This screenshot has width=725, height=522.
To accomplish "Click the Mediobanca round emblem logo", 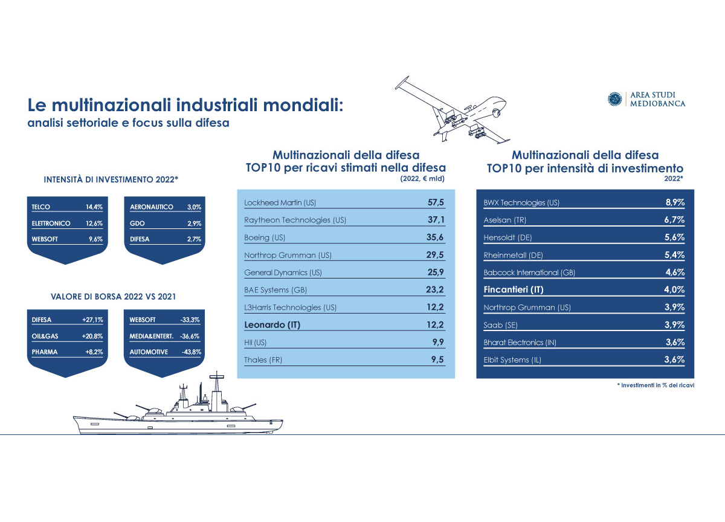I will [x=614, y=99].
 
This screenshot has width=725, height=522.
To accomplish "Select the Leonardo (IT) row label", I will [x=272, y=325].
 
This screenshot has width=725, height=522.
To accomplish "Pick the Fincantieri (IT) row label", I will [x=514, y=289].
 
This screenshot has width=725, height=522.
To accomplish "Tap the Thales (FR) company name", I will [x=263, y=360].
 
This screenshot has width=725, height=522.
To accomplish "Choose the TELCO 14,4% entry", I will [x=66, y=207].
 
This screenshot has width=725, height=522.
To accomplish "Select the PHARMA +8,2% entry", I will [x=66, y=352].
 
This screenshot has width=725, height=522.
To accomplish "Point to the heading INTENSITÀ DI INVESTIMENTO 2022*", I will [x=111, y=179].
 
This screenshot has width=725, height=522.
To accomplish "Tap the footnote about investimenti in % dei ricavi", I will [x=651, y=385].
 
